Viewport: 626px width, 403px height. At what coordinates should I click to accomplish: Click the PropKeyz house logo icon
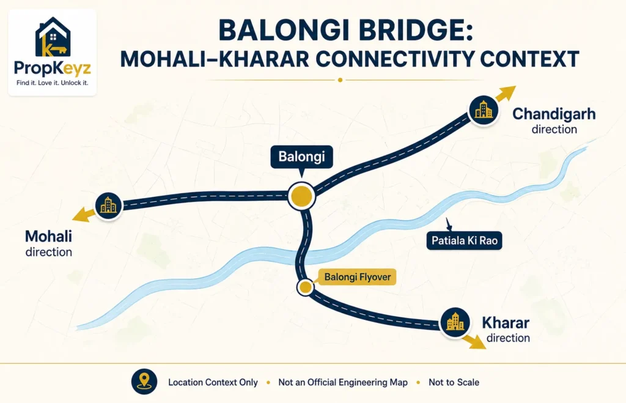point(53,37)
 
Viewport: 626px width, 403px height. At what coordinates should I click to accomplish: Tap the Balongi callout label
point(301,157)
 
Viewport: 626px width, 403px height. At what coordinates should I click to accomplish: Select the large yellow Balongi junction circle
point(301,196)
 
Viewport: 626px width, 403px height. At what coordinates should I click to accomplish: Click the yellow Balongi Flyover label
point(357,277)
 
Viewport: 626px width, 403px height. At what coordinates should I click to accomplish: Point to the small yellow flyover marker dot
point(306,287)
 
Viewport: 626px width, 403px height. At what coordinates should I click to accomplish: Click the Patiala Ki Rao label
point(465,240)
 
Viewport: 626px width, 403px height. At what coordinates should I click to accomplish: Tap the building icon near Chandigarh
point(484,110)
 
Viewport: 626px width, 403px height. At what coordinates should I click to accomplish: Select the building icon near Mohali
point(108,205)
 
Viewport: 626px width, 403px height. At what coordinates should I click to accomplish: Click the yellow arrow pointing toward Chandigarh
point(504,94)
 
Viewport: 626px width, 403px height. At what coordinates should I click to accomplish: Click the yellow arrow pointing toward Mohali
point(83,214)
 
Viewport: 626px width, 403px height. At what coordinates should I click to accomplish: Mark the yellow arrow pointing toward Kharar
point(475,342)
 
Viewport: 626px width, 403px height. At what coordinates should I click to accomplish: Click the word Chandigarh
point(554,114)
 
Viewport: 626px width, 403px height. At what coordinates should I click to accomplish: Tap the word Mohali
point(48,236)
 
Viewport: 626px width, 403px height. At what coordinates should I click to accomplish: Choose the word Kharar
point(506,322)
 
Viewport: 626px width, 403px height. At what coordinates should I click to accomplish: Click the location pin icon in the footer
point(144,382)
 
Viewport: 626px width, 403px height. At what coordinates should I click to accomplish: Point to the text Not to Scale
point(454,382)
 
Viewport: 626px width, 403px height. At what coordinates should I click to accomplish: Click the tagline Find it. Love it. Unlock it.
point(53,83)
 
